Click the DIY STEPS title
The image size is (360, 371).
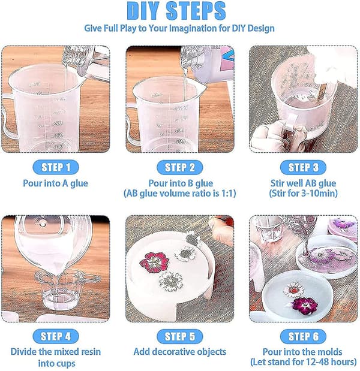176,11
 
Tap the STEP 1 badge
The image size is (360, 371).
56,167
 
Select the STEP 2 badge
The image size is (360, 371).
180,167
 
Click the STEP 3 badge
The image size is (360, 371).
303,167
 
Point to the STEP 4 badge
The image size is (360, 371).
56,336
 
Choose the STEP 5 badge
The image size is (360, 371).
180,336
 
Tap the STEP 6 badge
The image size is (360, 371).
303,336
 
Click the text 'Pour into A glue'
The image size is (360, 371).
55,183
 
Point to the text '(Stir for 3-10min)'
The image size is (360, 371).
303,194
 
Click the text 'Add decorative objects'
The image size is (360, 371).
180,352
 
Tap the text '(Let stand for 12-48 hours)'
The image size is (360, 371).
304,362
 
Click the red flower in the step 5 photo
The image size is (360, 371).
154,262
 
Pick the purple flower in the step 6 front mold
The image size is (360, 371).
305,305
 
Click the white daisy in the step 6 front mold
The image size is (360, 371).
293,289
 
